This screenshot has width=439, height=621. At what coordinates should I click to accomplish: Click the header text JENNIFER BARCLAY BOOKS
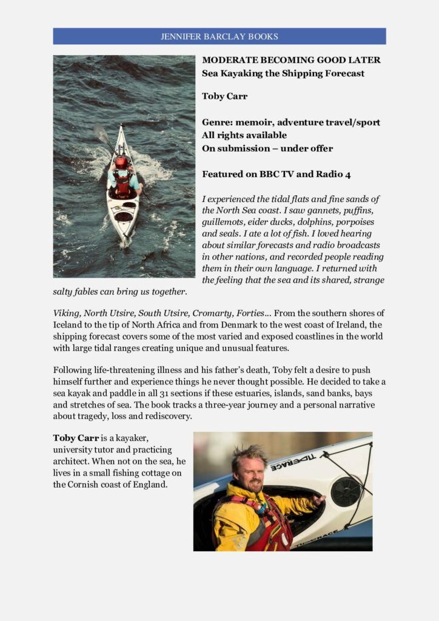click(219, 36)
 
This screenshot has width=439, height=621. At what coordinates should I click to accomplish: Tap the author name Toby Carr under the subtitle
click(224, 96)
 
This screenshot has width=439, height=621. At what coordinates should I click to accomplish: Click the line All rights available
click(244, 135)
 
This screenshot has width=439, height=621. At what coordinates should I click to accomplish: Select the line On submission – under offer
click(267, 148)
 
